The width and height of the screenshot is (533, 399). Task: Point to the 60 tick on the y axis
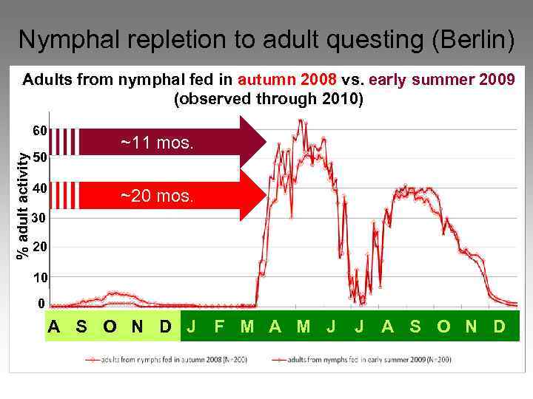pyautogui.click(x=39, y=131)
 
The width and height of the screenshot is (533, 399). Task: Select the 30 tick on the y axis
pyautogui.click(x=39, y=219)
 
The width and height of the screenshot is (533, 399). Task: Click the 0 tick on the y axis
pyautogui.click(x=41, y=304)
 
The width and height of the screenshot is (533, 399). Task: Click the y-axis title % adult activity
pyautogui.click(x=24, y=205)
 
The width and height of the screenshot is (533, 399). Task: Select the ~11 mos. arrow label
pyautogui.click(x=157, y=143)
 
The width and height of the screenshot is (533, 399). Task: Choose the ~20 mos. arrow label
pyautogui.click(x=157, y=196)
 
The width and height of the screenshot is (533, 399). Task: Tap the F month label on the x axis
pyautogui.click(x=220, y=326)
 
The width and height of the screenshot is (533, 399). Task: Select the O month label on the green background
pyautogui.click(x=443, y=326)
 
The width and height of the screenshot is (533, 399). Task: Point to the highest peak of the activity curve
pyautogui.click(x=301, y=120)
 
